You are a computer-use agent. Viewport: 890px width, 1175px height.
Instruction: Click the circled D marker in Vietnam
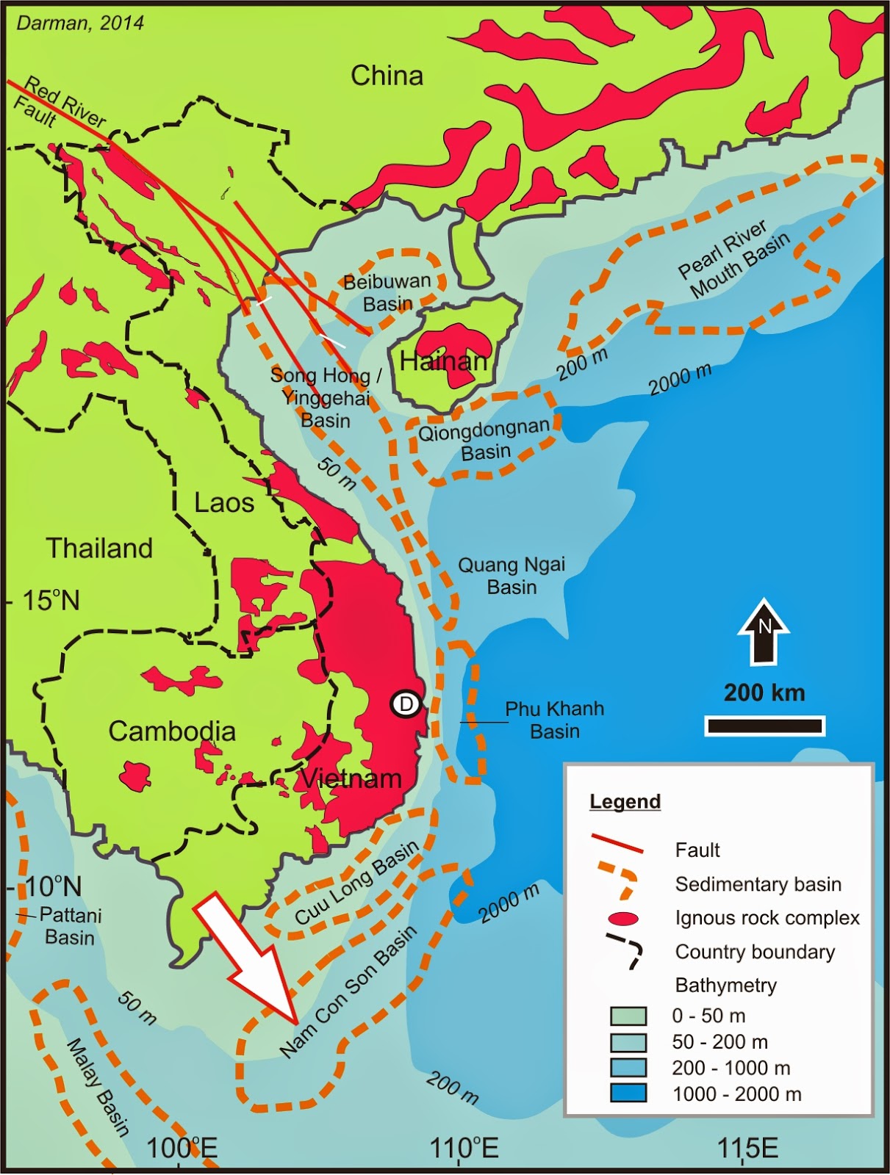click(405, 704)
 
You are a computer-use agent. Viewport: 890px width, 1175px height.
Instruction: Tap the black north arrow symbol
click(764, 632)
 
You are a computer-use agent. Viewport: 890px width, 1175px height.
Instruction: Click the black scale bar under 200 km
click(764, 726)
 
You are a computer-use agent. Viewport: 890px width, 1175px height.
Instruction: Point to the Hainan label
click(443, 361)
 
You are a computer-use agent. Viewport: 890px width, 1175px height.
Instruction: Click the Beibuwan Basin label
click(387, 292)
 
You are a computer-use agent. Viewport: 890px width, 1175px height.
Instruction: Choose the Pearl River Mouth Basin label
click(733, 261)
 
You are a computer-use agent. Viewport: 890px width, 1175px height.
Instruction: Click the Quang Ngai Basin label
click(512, 576)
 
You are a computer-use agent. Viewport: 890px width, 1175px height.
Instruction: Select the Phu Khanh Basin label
click(554, 720)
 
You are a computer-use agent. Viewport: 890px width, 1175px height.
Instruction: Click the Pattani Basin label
click(70, 926)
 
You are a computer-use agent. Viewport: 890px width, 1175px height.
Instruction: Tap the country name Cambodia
click(172, 731)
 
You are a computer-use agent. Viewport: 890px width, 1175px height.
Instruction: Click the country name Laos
click(224, 503)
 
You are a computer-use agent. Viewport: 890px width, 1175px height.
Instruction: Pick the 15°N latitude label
click(50, 601)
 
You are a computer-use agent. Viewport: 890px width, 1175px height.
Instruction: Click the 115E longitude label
click(747, 1147)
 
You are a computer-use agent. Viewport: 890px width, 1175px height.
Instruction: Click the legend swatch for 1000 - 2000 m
click(628, 1093)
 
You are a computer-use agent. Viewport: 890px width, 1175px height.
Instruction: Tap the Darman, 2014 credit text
click(80, 23)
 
